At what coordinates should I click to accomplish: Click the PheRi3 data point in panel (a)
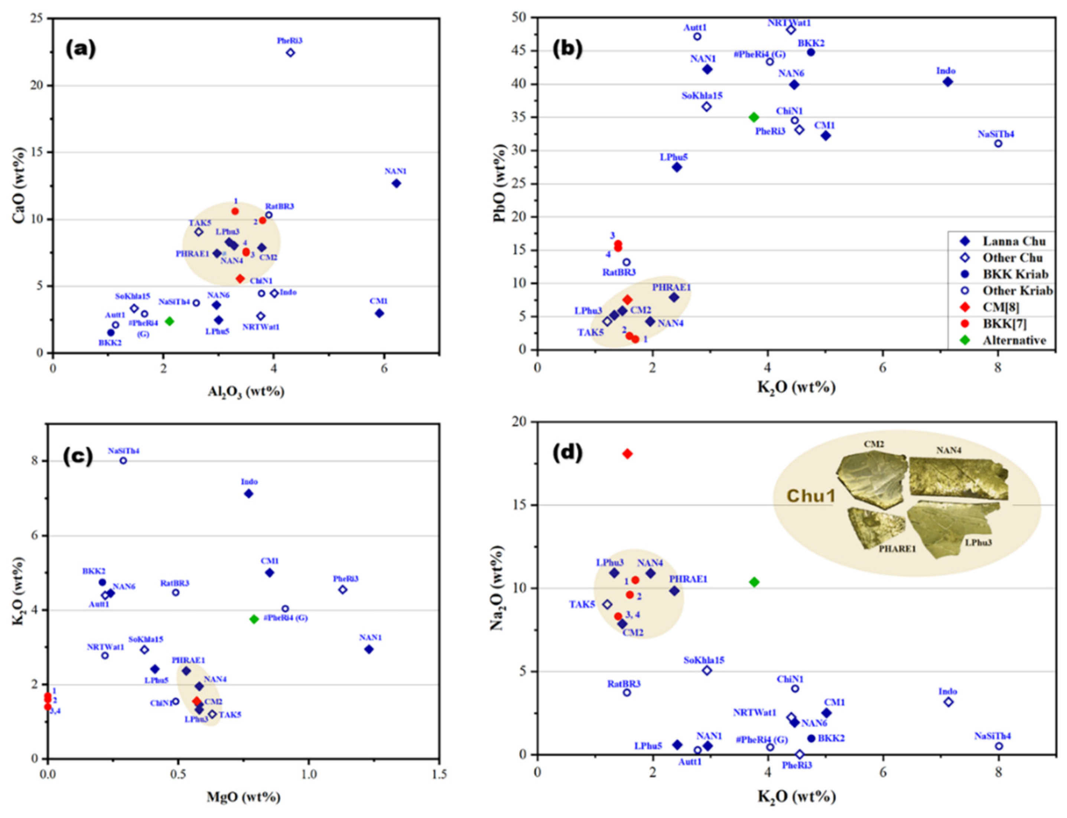tap(290, 53)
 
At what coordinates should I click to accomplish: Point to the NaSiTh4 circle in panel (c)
tap(123, 461)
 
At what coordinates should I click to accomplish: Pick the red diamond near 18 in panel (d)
tap(628, 454)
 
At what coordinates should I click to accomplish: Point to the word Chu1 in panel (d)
tap(811, 496)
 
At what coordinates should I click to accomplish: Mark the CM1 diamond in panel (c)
tap(269, 573)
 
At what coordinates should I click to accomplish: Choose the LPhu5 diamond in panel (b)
tap(677, 167)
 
